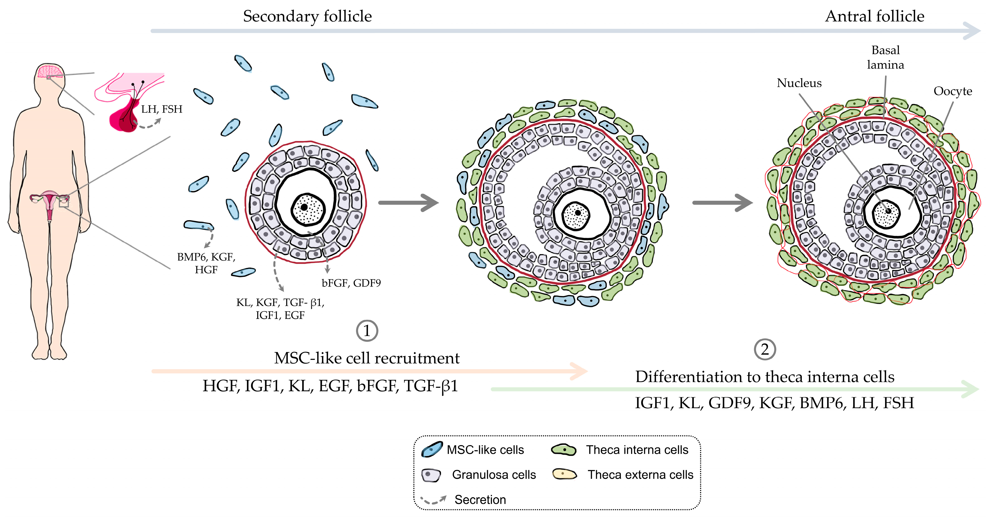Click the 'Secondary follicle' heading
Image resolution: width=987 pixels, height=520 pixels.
pos(307,16)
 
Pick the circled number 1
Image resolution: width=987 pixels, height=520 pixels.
pos(367,331)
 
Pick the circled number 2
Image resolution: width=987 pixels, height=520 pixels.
pos(764,349)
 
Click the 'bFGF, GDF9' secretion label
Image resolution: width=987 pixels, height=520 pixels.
pos(351,283)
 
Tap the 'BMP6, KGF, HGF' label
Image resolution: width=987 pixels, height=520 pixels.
pos(206,263)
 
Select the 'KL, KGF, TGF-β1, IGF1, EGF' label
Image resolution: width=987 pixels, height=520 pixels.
pos(280,309)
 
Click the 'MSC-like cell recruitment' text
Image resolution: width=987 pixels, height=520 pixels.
pos(367,358)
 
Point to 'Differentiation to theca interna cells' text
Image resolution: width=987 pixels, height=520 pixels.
pos(765,377)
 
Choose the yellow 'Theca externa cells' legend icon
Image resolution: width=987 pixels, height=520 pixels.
pos(564,474)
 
